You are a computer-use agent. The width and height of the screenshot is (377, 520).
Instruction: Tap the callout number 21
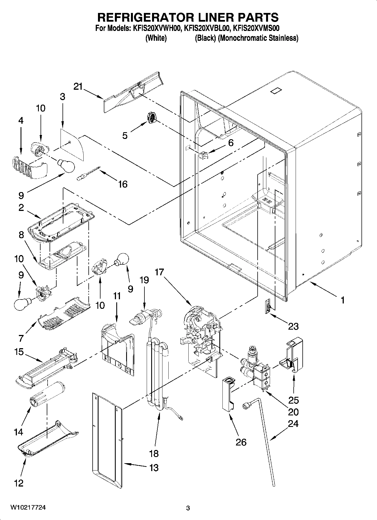click(x=78, y=87)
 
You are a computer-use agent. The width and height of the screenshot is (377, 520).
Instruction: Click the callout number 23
click(x=293, y=326)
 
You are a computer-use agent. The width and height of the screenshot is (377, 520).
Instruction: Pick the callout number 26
click(x=241, y=442)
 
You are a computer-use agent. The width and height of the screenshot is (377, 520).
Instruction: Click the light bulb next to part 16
click(x=66, y=166)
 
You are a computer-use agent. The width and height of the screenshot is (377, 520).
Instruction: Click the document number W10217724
click(x=28, y=508)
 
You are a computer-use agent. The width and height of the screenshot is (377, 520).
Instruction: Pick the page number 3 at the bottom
click(x=188, y=508)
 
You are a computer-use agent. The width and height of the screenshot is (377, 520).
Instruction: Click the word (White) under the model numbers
click(x=156, y=38)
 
